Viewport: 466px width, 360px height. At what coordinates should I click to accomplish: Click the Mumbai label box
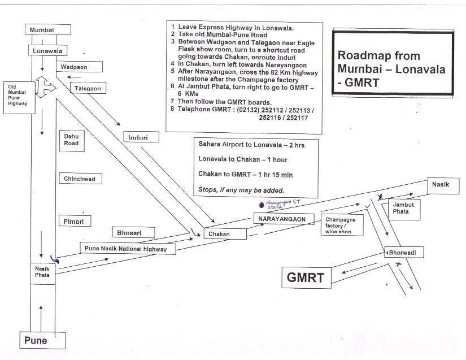tap(48, 29)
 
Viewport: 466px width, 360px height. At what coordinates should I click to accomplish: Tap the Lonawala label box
tap(48, 50)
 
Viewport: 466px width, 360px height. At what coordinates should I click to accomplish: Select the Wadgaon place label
tap(80, 67)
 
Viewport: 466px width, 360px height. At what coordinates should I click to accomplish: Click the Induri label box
tap(141, 136)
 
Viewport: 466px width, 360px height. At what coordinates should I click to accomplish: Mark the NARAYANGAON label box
tap(283, 219)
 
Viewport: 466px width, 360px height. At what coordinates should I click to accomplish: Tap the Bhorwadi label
tap(403, 253)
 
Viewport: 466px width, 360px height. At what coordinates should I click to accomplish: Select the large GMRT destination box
tap(306, 277)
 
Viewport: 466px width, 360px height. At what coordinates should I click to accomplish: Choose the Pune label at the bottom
tap(42, 340)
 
